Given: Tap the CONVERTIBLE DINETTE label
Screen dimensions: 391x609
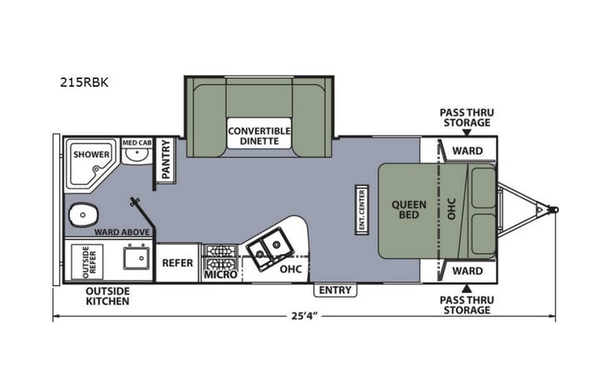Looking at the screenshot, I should tap(259, 136).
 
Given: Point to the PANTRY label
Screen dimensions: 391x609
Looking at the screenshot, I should tap(165, 159).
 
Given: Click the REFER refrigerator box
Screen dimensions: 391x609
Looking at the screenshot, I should tap(177, 263).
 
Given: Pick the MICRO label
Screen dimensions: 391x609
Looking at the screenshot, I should tap(220, 274).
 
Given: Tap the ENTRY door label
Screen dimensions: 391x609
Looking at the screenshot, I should tap(334, 290).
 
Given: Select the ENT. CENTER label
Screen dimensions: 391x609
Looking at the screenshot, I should tap(362, 208).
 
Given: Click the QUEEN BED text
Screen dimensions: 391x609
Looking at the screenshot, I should tap(409, 210).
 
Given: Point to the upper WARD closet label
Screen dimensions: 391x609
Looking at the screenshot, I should tap(467, 151).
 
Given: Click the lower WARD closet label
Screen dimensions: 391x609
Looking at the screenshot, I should tap(467, 271).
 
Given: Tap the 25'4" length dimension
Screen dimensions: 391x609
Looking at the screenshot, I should tap(304, 318).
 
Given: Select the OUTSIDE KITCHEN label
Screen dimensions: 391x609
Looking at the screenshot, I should tap(107, 296).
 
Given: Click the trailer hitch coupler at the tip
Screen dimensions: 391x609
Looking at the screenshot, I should tap(553, 210).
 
